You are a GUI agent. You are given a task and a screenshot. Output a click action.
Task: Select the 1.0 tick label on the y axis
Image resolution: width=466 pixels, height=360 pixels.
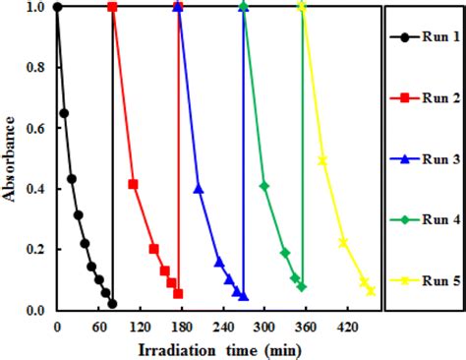click(x=36, y=8)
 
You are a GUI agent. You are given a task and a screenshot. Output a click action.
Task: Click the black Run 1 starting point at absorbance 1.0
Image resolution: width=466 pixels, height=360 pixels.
click(x=57, y=7)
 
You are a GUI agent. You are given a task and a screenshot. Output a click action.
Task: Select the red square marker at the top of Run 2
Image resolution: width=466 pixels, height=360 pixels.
click(x=112, y=7)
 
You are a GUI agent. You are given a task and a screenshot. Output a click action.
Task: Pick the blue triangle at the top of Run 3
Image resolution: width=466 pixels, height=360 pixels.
click(x=178, y=7)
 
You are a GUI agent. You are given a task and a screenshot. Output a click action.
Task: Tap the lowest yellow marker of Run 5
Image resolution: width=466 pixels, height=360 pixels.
click(x=371, y=290)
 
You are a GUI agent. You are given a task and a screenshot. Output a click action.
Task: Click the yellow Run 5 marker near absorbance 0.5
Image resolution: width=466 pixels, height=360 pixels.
click(x=322, y=160)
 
